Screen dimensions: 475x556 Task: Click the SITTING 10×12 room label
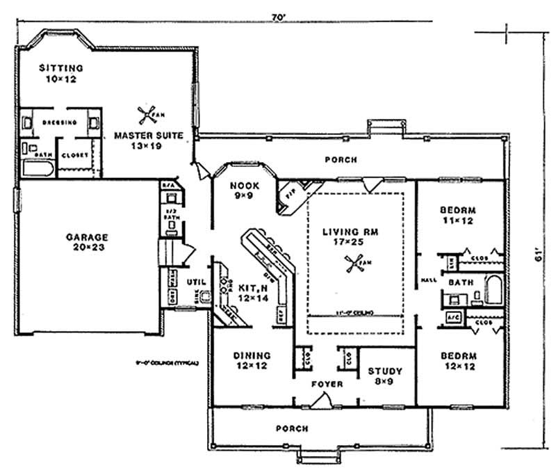60,74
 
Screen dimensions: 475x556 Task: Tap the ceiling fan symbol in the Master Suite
145,115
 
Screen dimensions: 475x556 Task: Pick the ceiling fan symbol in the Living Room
354,264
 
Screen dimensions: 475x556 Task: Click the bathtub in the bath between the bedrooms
493,289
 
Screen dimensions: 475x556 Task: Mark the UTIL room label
195,282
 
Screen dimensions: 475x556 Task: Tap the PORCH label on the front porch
291,428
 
